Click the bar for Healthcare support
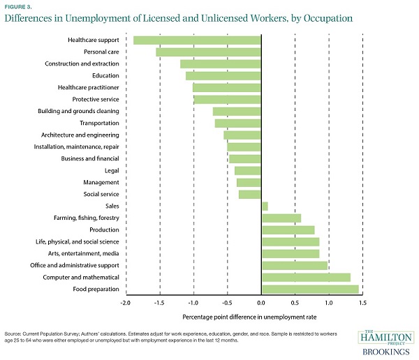click(197, 40)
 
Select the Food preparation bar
click(310, 289)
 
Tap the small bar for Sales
click(265, 206)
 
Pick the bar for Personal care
click(208, 52)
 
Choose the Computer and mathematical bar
click(306, 277)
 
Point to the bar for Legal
click(247, 170)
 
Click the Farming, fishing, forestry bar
click(281, 218)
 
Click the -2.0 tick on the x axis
click(125, 303)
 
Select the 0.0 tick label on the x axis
click(260, 303)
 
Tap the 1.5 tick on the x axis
click(362, 303)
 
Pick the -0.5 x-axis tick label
click(226, 303)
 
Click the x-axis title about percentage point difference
click(261, 317)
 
